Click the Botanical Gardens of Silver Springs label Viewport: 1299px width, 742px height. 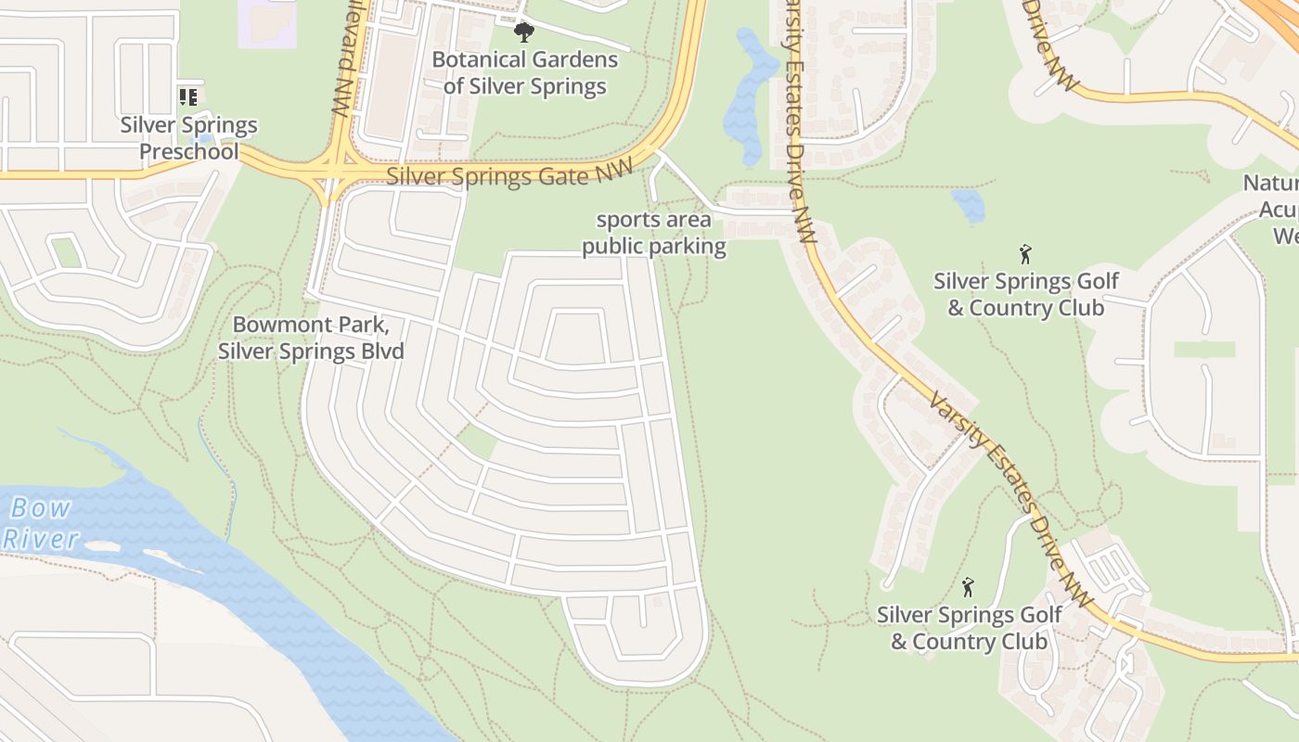click(x=525, y=73)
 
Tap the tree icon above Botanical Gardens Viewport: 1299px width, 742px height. click(x=524, y=33)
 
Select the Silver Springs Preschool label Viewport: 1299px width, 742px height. click(x=189, y=138)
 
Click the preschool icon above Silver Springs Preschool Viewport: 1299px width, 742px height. click(x=189, y=96)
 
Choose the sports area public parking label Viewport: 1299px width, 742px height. click(x=654, y=234)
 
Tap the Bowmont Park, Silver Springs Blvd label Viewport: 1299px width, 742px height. click(x=311, y=339)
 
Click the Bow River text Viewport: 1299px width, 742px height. click(x=41, y=523)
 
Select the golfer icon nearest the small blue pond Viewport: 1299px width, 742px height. click(x=1025, y=253)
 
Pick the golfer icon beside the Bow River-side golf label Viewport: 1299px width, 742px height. click(x=968, y=587)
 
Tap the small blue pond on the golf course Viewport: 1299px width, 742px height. click(x=968, y=205)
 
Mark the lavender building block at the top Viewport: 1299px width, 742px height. click(x=268, y=22)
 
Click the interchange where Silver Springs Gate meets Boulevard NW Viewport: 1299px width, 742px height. click(x=334, y=170)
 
